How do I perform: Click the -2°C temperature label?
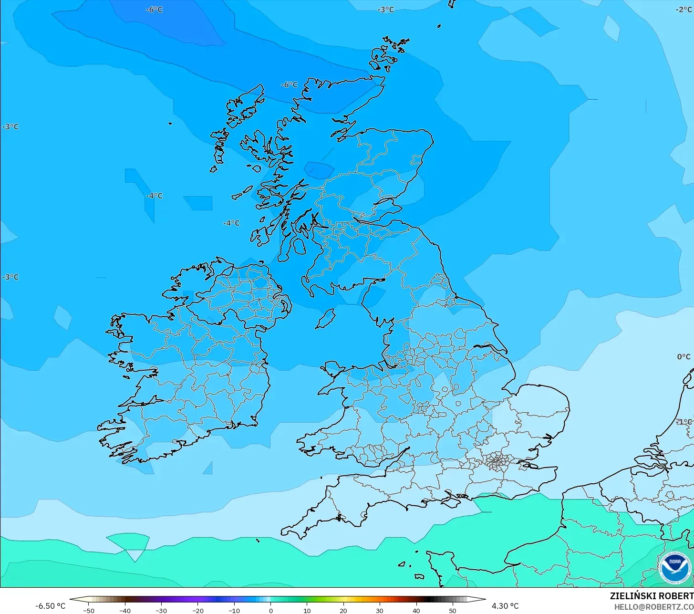pyautogui.click(x=684, y=10)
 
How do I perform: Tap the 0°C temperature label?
pyautogui.click(x=684, y=357)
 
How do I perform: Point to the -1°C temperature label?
pyautogui.click(x=684, y=422)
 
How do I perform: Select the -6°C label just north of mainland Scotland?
pyautogui.click(x=289, y=85)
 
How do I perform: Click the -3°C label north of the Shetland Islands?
pyautogui.click(x=386, y=10)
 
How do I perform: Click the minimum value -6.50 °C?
pyautogui.click(x=50, y=606)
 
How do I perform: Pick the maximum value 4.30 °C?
pyautogui.click(x=505, y=606)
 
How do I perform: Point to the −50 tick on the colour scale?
pyautogui.click(x=89, y=610)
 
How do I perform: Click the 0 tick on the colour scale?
pyautogui.click(x=270, y=610)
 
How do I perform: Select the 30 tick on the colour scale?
pyautogui.click(x=380, y=610)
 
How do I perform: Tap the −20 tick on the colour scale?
pyautogui.click(x=198, y=610)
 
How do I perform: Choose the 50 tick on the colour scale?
pyautogui.click(x=452, y=610)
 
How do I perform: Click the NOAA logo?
pyautogui.click(x=674, y=567)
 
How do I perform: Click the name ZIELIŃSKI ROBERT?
pyautogui.click(x=652, y=596)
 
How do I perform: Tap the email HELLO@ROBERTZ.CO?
pyautogui.click(x=653, y=607)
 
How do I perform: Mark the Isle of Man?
pyautogui.click(x=326, y=318)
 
